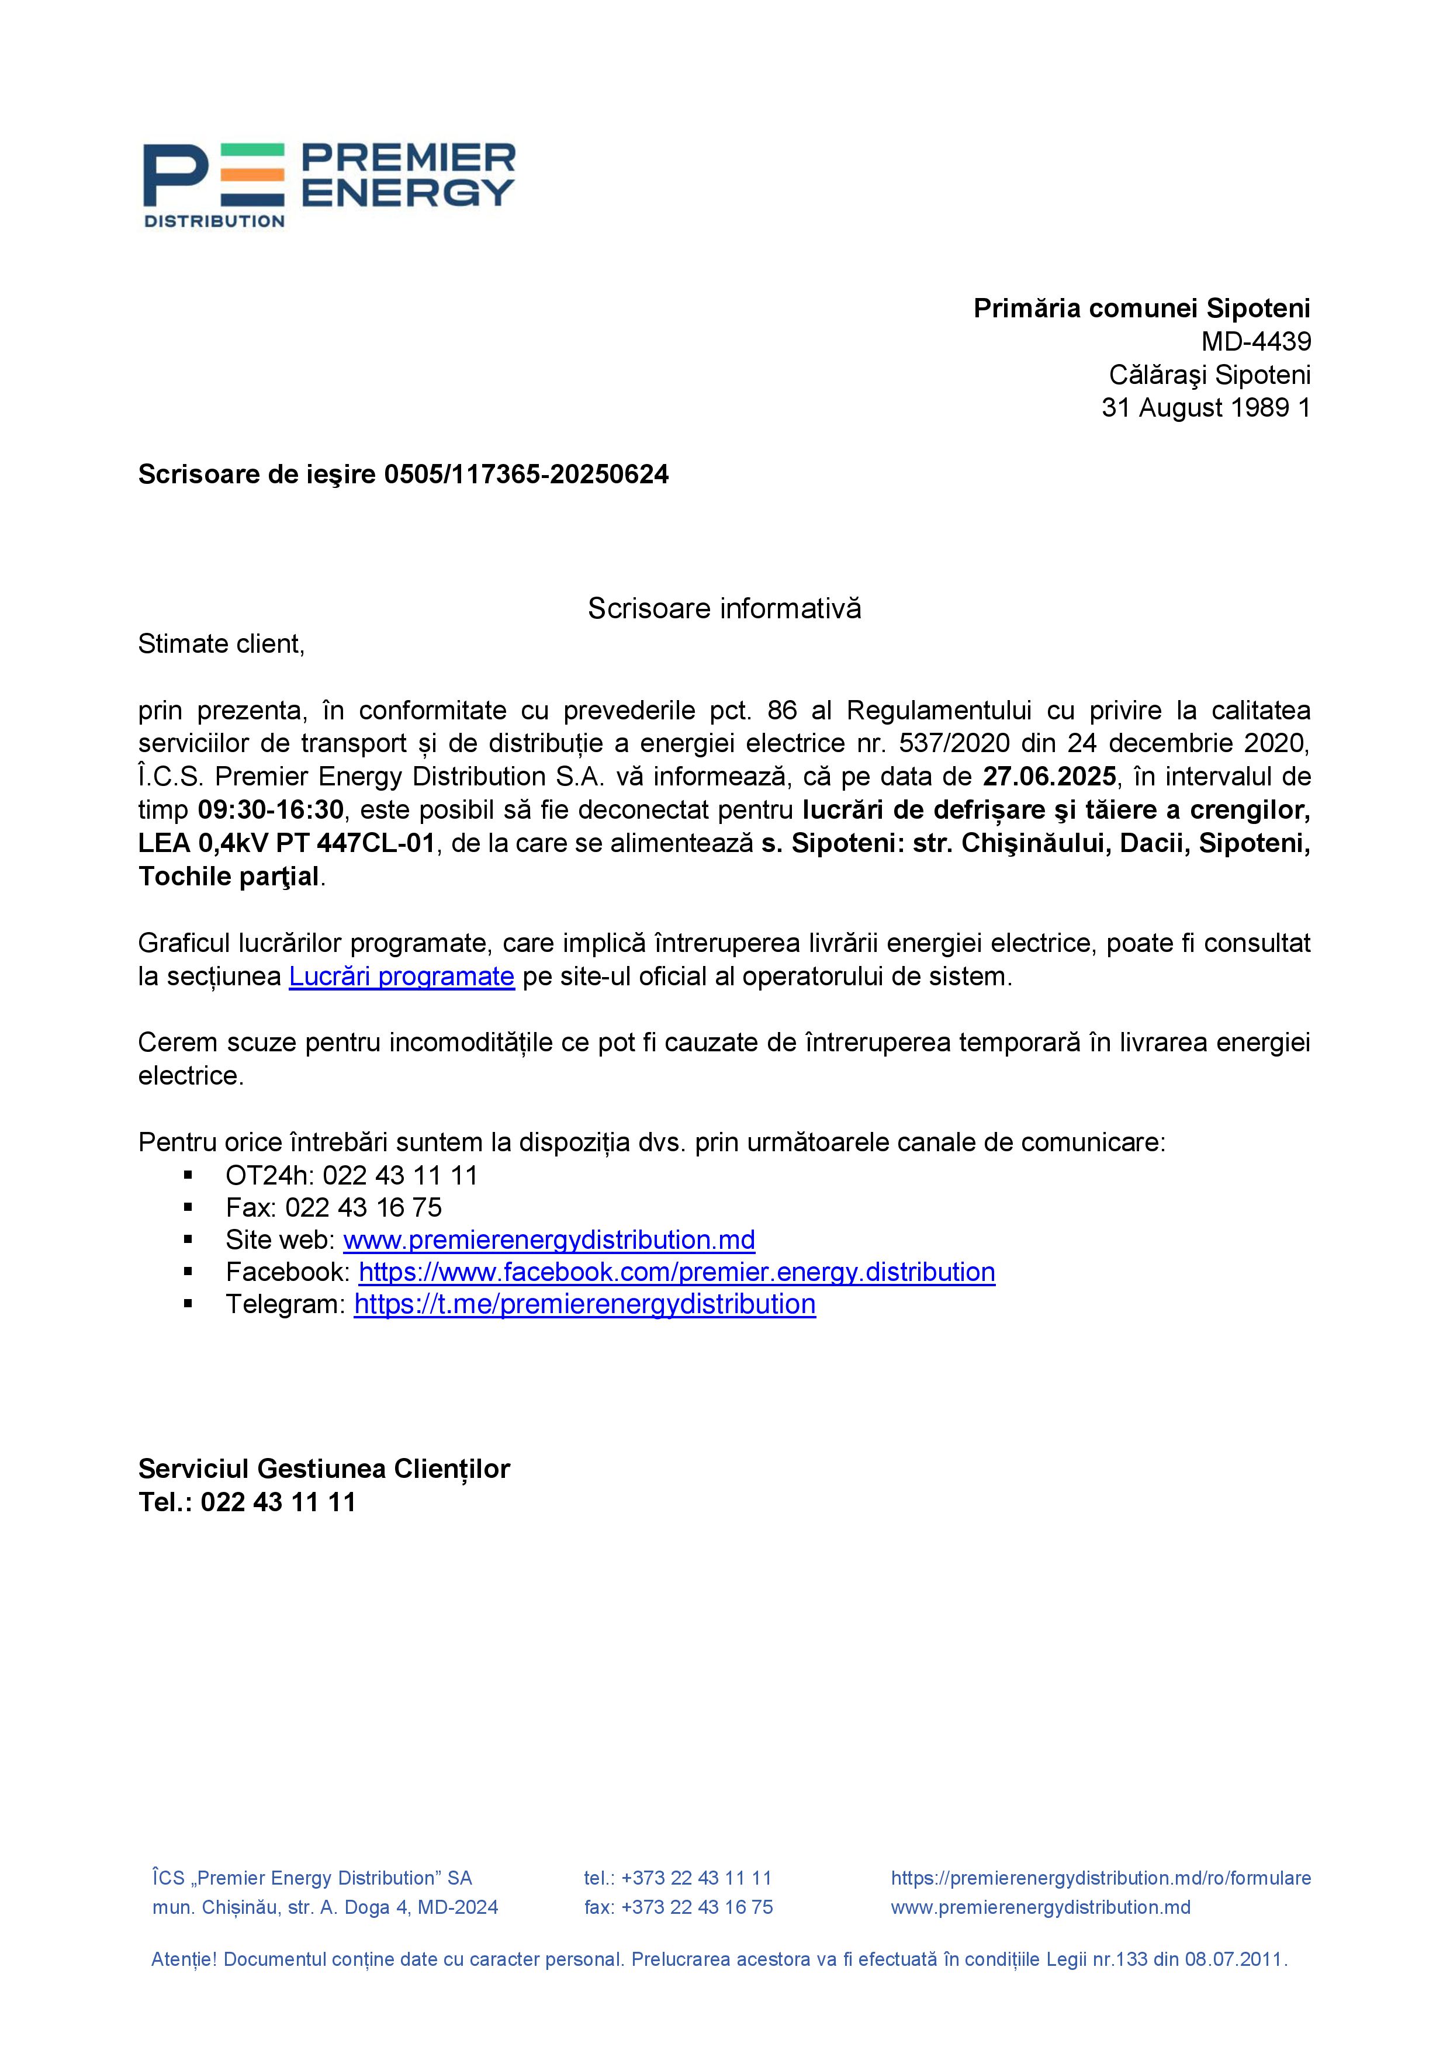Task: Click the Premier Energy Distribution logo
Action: [x=330, y=185]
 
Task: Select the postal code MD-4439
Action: [x=1255, y=341]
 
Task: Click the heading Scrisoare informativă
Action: [x=724, y=609]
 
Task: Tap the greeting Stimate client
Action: [x=220, y=644]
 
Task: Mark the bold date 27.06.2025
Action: [x=1049, y=777]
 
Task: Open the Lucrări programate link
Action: [x=401, y=976]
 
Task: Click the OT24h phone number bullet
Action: [x=351, y=1175]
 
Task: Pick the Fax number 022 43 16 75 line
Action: [x=333, y=1207]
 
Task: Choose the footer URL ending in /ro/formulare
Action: [x=1100, y=1878]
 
